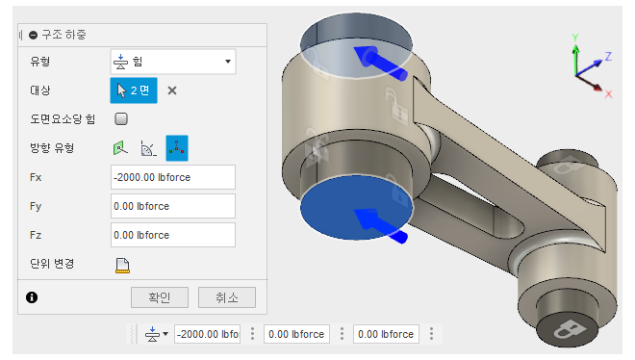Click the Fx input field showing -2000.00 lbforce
[173, 177]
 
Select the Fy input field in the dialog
[173, 206]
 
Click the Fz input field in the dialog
[173, 235]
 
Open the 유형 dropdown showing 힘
[173, 62]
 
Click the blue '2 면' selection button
[134, 90]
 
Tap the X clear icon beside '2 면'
[172, 90]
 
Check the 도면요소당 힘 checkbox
[121, 119]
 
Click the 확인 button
[160, 297]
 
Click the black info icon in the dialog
[32, 297]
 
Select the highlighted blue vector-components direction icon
[177, 148]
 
